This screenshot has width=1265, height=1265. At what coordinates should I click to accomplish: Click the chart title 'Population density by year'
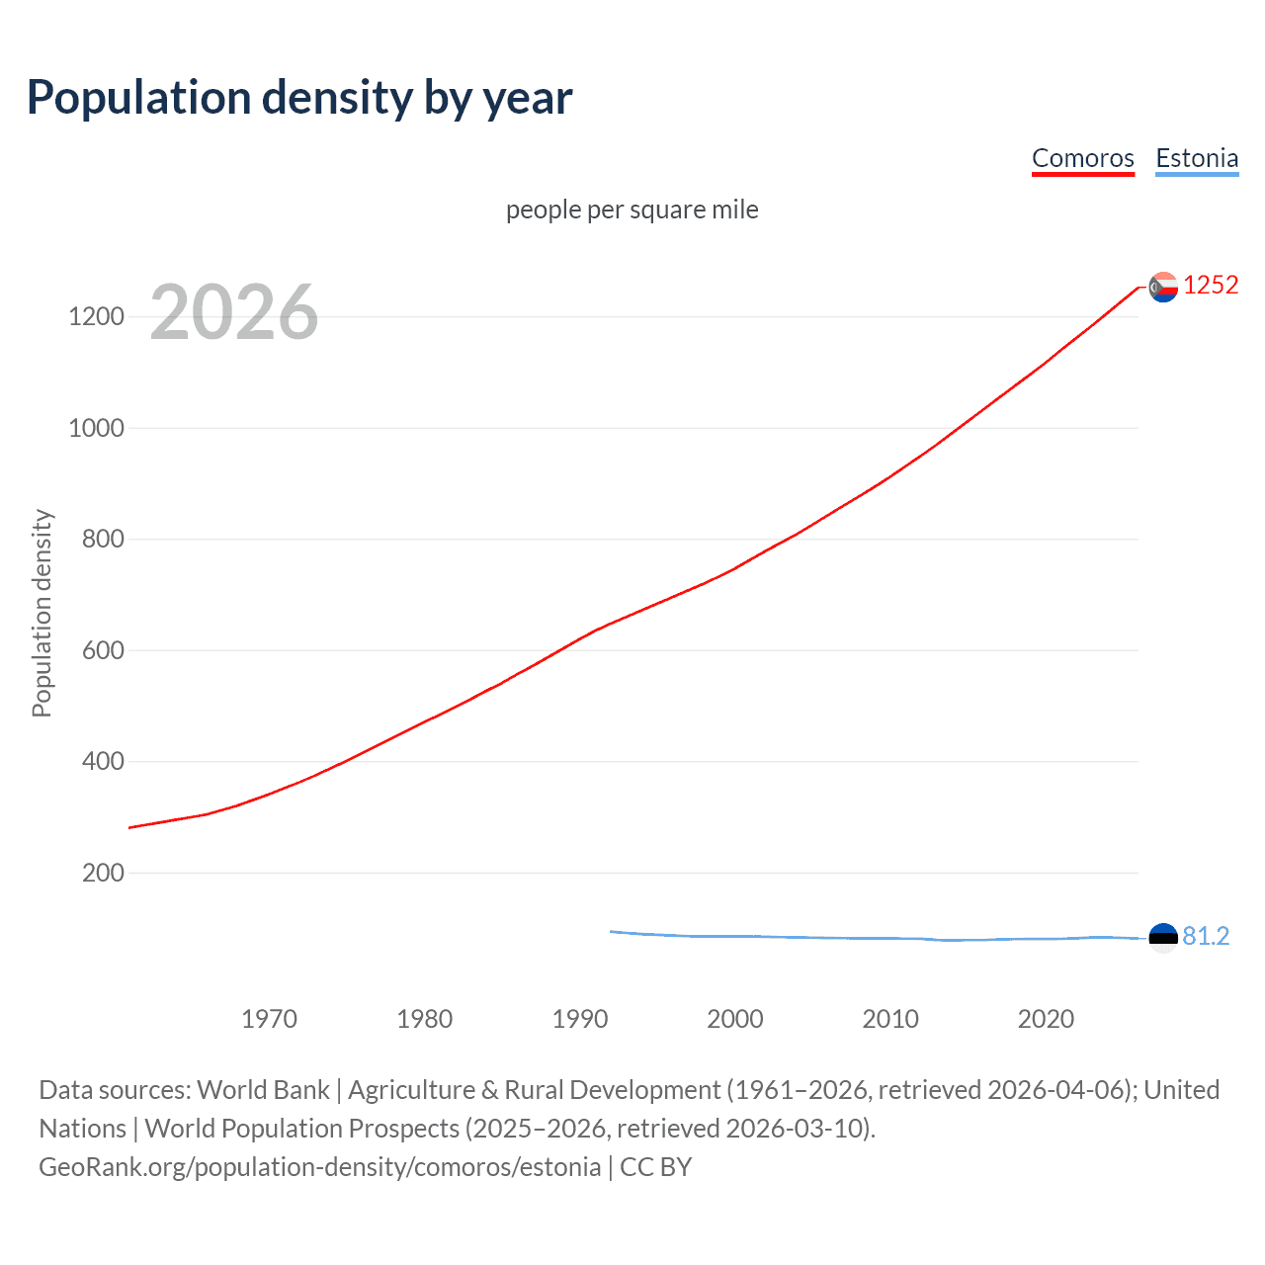point(299,98)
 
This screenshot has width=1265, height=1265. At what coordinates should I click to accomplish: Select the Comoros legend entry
point(1082,158)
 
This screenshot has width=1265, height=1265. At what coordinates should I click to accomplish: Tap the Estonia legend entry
point(1197,158)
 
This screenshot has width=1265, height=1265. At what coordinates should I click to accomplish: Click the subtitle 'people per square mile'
point(632,210)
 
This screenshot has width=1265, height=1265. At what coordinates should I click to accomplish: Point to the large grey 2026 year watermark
point(234,312)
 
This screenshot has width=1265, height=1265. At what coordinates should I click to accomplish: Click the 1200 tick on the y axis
point(96,317)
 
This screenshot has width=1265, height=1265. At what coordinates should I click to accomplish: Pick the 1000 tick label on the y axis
point(96,428)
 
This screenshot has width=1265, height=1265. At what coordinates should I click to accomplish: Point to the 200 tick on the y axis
point(103,873)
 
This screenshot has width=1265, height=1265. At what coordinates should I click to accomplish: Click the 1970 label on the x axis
point(269,1019)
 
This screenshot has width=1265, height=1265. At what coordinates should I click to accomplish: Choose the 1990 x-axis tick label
point(580,1019)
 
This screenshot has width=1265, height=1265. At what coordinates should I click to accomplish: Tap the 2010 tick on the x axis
point(890,1019)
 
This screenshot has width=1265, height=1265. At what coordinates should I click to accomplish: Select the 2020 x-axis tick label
point(1046,1019)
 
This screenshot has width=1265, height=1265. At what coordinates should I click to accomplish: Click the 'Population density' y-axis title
point(42,613)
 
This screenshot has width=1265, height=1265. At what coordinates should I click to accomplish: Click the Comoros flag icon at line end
point(1163,287)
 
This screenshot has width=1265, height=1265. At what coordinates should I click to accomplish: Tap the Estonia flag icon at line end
point(1163,937)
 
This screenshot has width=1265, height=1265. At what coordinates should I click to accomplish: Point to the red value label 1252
point(1211,286)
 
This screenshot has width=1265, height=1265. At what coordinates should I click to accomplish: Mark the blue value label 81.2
point(1206,936)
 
